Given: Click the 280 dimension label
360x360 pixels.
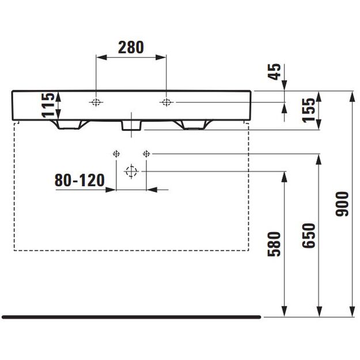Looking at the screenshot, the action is tap(131, 47).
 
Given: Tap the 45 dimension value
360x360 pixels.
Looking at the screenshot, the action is tap(274, 71).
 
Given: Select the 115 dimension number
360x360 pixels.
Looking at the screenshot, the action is tap(48, 105).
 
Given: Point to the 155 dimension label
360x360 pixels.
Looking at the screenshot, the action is tap(308, 110).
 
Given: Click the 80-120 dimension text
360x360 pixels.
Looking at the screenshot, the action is tap(79, 180).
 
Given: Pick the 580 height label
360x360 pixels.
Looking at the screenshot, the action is tap(274, 244).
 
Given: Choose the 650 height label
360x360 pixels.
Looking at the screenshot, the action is tap(308, 236).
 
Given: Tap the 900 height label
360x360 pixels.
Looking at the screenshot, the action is tap(342, 204).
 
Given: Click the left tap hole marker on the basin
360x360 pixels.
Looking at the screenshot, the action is tap(96, 102).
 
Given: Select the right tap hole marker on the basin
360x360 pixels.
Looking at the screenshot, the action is tap(166, 102).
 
